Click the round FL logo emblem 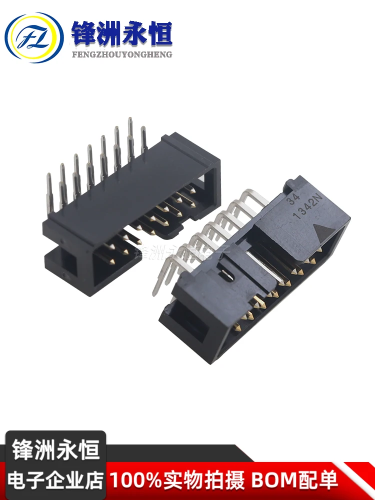(34, 37)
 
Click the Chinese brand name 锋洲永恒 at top (122, 34)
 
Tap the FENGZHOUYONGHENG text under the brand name (122, 54)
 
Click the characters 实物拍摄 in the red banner (202, 480)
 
